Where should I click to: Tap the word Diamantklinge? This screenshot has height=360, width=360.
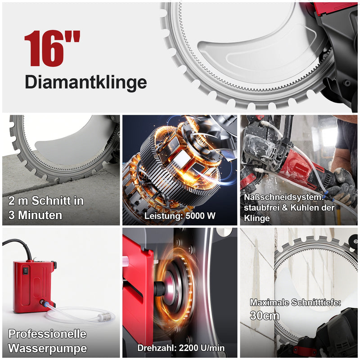85,82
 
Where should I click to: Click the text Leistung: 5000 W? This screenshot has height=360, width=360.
180,216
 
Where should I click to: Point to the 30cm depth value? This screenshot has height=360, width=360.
265,315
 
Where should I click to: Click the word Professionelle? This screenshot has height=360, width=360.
47,334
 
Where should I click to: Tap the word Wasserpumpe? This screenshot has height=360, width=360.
47,348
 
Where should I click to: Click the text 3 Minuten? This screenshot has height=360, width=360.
35,215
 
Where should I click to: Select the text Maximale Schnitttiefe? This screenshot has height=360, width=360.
295,302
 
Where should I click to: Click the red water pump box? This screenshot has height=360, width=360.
34,286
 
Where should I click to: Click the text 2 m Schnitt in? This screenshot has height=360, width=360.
46,201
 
